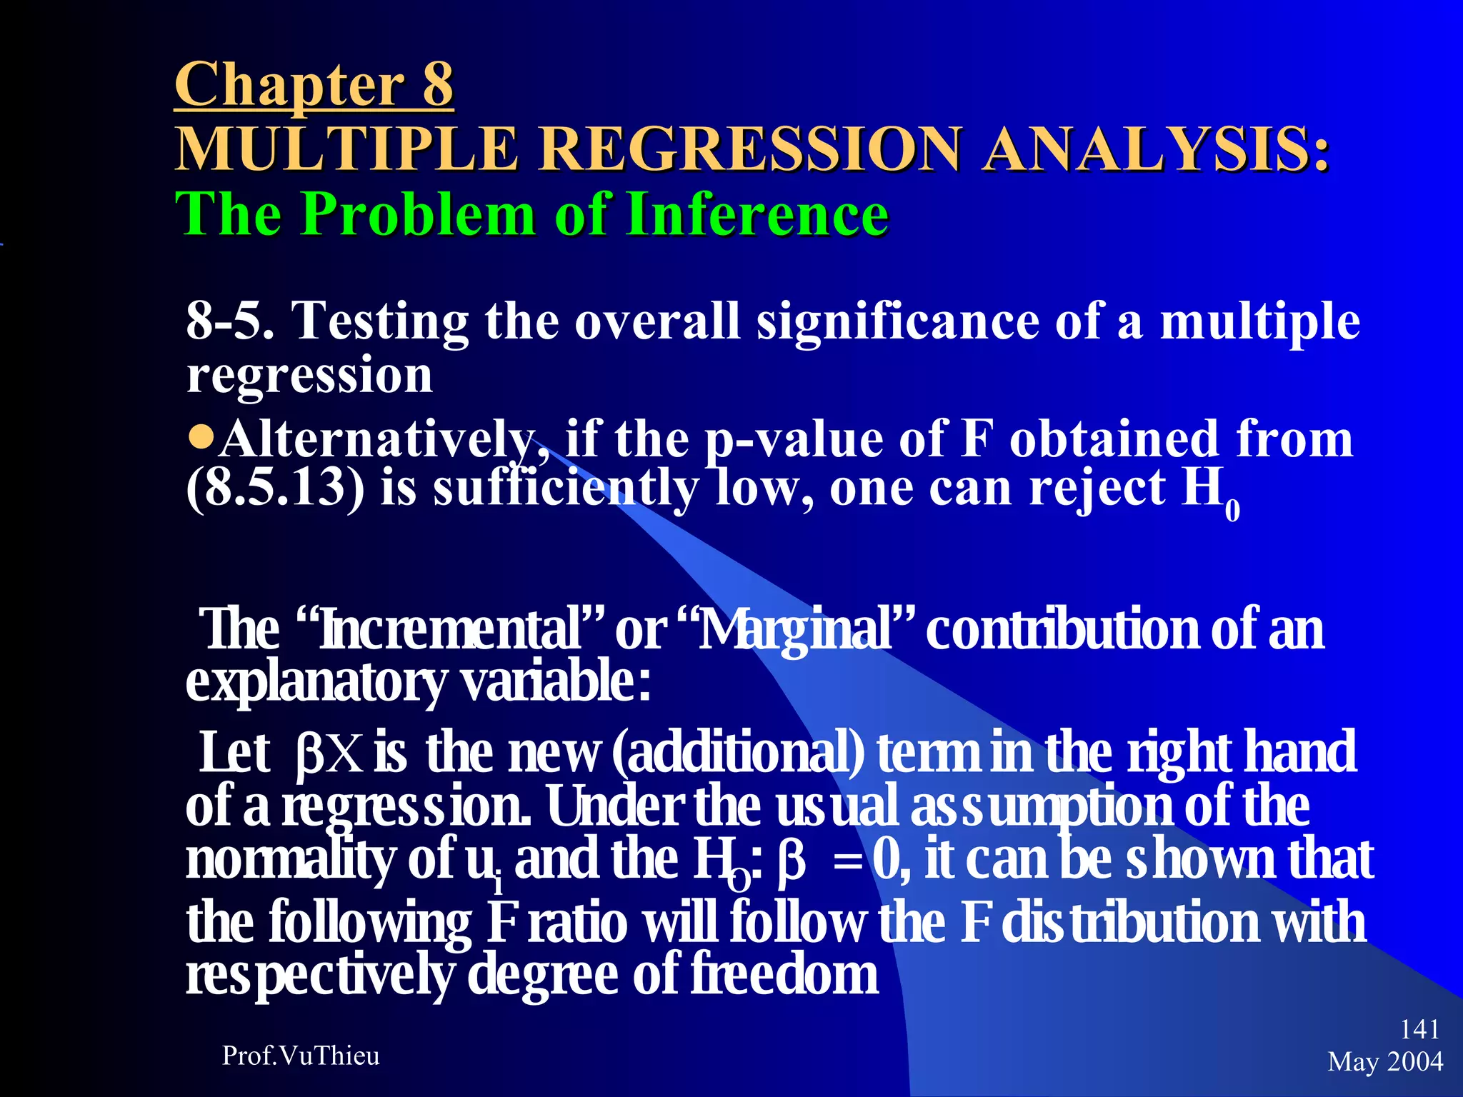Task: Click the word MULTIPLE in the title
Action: tap(346, 149)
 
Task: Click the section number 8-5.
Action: tap(230, 321)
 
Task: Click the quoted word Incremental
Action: tap(450, 630)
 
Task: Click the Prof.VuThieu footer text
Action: tap(301, 1056)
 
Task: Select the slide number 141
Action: tap(1419, 1029)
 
